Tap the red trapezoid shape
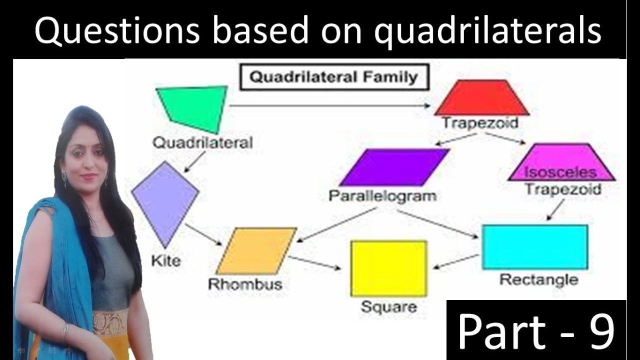[481, 98]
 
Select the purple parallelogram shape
[394, 167]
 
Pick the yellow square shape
[388, 268]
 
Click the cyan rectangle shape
[534, 247]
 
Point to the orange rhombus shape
[256, 251]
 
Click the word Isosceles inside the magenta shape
[560, 172]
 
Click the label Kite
[166, 260]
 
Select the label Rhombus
[245, 284]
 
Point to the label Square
[388, 306]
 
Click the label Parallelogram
[382, 195]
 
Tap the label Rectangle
[538, 279]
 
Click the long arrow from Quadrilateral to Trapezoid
[330, 105]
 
